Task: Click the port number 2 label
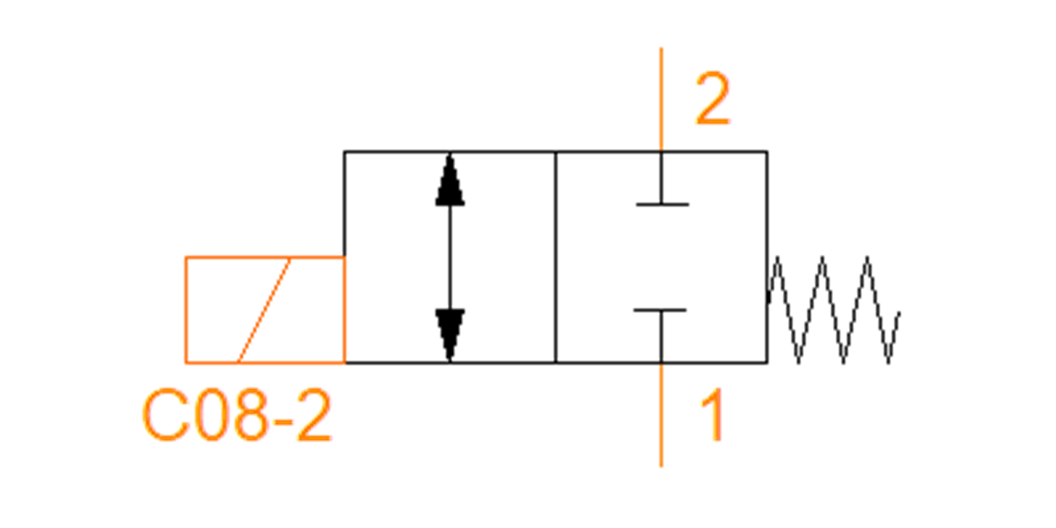click(712, 98)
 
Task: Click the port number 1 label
click(713, 414)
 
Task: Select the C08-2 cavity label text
click(237, 414)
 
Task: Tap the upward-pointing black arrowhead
click(450, 180)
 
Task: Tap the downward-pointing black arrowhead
click(450, 334)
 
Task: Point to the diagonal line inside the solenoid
click(263, 310)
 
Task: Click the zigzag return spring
click(832, 310)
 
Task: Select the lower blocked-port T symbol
click(661, 335)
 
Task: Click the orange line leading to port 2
click(662, 99)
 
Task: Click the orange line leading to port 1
click(662, 414)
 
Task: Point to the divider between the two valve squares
click(556, 257)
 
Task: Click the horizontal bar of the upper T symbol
click(663, 204)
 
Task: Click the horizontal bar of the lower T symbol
click(660, 310)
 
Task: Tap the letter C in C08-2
click(165, 415)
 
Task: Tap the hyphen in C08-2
click(282, 421)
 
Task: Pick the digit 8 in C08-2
click(250, 415)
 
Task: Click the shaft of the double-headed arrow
click(450, 257)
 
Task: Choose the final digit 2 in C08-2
click(314, 414)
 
